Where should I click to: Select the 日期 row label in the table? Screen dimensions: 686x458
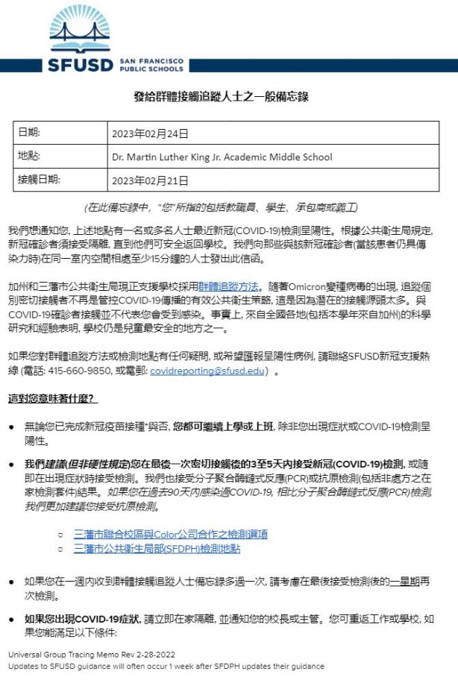pos(29,133)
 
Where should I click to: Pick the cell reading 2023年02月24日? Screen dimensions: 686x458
pos(150,134)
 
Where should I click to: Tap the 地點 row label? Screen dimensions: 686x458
pos(29,157)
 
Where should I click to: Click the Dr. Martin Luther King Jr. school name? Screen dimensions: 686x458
pos(222,157)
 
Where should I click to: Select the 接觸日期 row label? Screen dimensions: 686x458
pos(38,180)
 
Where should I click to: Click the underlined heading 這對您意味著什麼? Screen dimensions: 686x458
pos(51,398)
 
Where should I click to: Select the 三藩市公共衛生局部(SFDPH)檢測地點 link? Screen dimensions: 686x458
pos(159,550)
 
